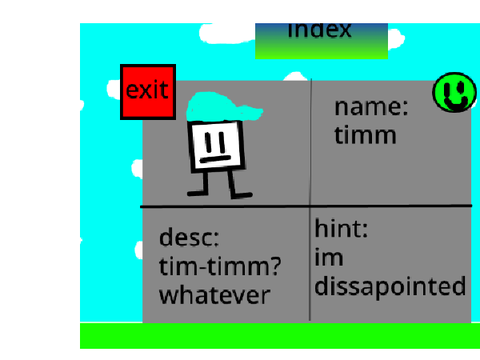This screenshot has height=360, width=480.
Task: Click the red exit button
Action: point(148,92)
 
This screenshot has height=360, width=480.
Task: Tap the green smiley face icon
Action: point(454,93)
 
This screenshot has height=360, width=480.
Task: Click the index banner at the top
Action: point(321,41)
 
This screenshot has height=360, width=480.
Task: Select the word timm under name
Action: point(365,135)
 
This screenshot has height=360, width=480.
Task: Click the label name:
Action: point(371,107)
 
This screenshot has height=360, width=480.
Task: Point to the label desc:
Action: point(189,237)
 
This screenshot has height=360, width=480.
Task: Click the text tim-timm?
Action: point(220,266)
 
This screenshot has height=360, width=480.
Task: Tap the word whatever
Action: point(215,295)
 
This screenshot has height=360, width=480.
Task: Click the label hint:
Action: point(341,228)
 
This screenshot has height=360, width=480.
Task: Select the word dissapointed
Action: point(390,286)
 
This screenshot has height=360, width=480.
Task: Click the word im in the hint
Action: point(329,257)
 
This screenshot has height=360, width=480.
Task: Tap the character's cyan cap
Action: point(224,107)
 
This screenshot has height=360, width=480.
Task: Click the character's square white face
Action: point(216,146)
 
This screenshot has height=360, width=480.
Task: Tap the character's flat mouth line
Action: point(215,159)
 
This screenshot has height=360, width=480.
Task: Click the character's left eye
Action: point(208,142)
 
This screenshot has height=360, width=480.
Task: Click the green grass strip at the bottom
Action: point(280,336)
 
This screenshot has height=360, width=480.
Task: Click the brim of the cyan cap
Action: point(251,112)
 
